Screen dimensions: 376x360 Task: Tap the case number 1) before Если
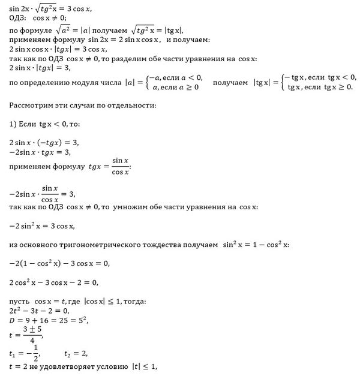(14, 125)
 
